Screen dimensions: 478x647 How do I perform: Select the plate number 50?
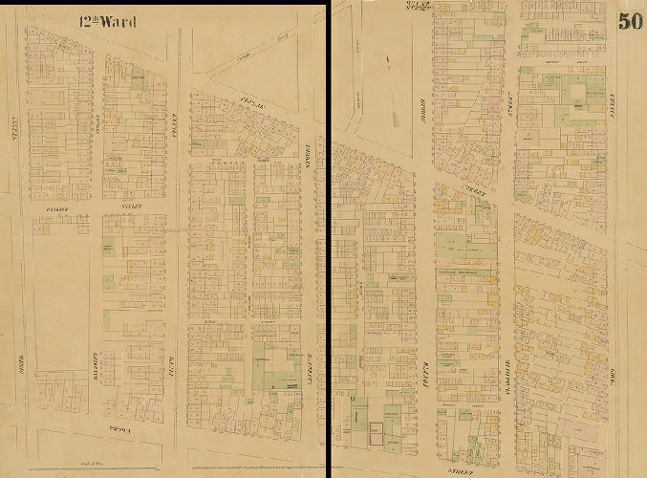[630, 21]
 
